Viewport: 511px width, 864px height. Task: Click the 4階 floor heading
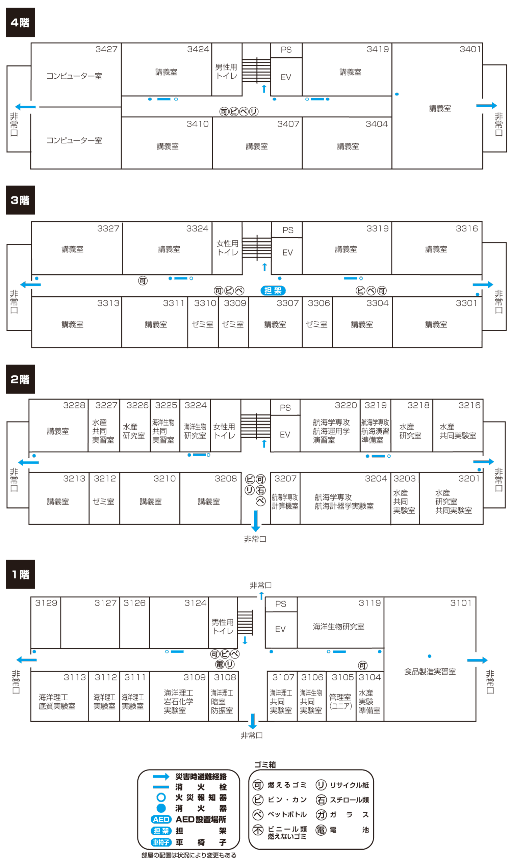coord(20,22)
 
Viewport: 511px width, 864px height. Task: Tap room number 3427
coord(106,49)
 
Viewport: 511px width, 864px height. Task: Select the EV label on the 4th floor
coord(286,77)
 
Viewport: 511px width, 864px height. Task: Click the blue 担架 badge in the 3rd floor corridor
coord(273,290)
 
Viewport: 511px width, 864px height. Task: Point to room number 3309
coord(235,303)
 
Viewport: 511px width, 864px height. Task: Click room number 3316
coord(466,228)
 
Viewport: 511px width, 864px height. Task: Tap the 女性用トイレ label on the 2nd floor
coord(224,431)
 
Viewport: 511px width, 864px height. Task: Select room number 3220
coord(346,405)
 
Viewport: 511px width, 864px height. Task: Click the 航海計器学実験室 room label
coord(344,506)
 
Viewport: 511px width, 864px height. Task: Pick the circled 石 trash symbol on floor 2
coord(261,490)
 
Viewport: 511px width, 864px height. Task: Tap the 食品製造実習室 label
coord(430,672)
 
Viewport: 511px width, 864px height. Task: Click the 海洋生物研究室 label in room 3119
coord(338,627)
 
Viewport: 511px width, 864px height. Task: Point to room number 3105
coord(342,677)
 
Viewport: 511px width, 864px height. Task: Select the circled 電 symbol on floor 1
coord(220,664)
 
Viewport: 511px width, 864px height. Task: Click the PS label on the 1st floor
coord(280,604)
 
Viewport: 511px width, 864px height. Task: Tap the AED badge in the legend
coord(161,819)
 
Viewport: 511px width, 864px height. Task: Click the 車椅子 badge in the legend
coord(161,842)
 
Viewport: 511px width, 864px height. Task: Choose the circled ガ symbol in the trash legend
coord(321,814)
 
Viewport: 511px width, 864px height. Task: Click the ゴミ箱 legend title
coord(265,764)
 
